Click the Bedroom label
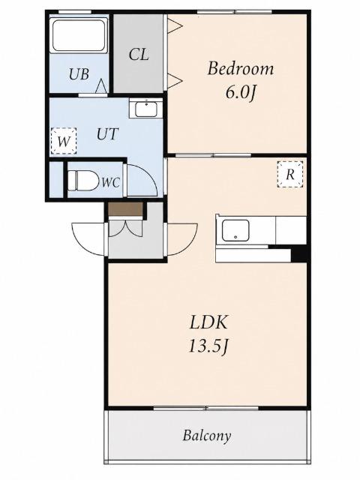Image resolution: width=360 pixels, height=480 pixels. pos(241,68)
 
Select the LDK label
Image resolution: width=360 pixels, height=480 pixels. pos(208,322)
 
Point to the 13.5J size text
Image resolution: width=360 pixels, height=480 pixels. pos(208,346)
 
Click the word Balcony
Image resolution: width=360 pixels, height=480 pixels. pos(207,435)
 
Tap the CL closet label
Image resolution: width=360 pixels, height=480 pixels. pos(139,55)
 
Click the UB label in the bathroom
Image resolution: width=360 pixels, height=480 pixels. pos(79,74)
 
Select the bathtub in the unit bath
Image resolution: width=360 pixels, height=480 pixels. pos(79,35)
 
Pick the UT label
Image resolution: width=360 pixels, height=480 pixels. pos(107,134)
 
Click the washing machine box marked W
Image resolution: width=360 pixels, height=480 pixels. pos(64,141)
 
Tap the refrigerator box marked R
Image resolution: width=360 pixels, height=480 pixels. pos(290,174)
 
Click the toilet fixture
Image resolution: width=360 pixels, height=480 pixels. pos(83,181)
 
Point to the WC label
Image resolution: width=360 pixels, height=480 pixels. pos(110,183)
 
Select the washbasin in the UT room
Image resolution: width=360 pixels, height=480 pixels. pos(146,109)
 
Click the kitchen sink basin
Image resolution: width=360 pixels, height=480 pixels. pos(235,230)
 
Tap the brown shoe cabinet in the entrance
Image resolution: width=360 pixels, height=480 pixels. pos(126,209)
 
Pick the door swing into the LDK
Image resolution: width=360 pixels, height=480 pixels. pos(182,240)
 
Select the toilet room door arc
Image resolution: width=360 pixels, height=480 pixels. pos(142,180)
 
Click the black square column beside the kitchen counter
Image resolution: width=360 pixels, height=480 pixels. pos(299,253)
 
